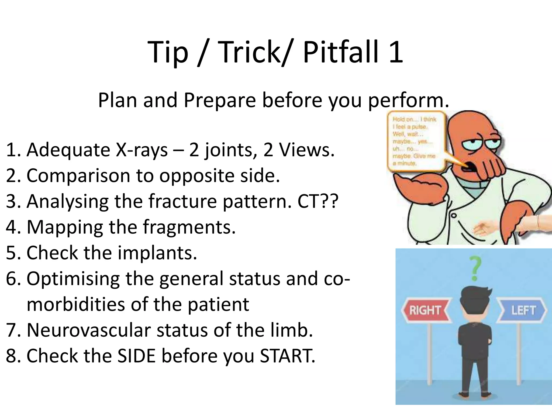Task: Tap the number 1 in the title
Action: click(395, 52)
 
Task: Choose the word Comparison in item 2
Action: click(77, 176)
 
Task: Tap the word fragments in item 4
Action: click(189, 227)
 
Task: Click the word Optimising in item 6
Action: click(73, 279)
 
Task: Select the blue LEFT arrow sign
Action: click(523, 310)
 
